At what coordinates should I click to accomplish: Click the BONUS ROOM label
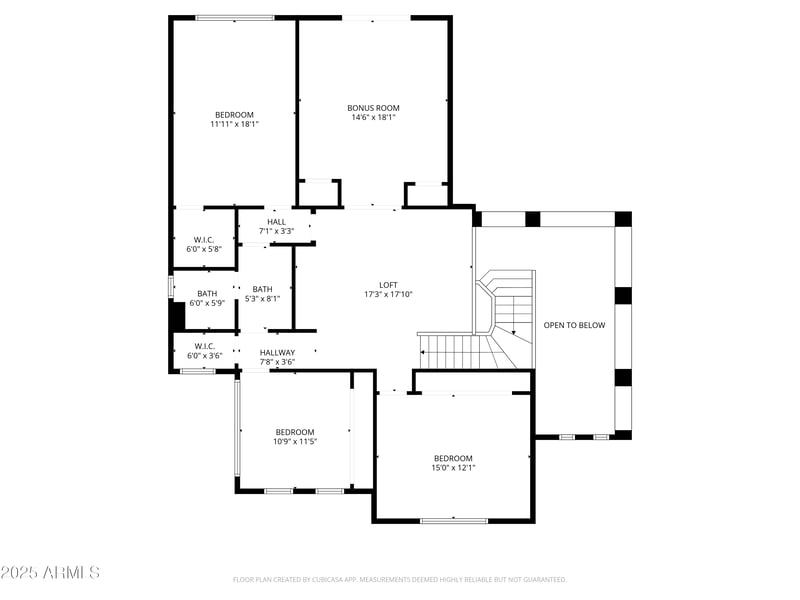click(x=373, y=107)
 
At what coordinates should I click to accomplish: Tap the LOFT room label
click(x=388, y=284)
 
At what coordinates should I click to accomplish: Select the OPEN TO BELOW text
click(x=574, y=325)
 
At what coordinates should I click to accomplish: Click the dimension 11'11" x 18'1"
click(x=235, y=125)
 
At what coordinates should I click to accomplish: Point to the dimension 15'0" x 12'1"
click(x=453, y=467)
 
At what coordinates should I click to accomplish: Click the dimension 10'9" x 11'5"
click(x=295, y=441)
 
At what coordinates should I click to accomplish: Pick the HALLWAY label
click(x=277, y=352)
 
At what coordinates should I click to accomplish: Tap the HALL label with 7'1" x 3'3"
click(x=276, y=222)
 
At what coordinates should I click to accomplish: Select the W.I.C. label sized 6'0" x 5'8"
click(x=205, y=239)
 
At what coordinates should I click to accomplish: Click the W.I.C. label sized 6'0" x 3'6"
click(x=205, y=346)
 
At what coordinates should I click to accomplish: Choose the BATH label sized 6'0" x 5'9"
click(x=207, y=293)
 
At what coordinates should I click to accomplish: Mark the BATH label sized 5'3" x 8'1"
click(x=262, y=289)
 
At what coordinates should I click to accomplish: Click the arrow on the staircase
click(x=514, y=333)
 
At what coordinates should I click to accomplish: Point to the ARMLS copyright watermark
click(x=50, y=573)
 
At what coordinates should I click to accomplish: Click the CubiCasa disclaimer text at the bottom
click(x=400, y=579)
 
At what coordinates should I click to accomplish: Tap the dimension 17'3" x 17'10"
click(x=388, y=294)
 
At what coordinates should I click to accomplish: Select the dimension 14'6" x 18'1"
click(x=373, y=117)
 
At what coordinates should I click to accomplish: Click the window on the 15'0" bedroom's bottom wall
click(x=453, y=520)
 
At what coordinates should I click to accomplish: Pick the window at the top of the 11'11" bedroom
click(x=235, y=17)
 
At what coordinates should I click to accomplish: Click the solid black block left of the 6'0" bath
click(x=177, y=316)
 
